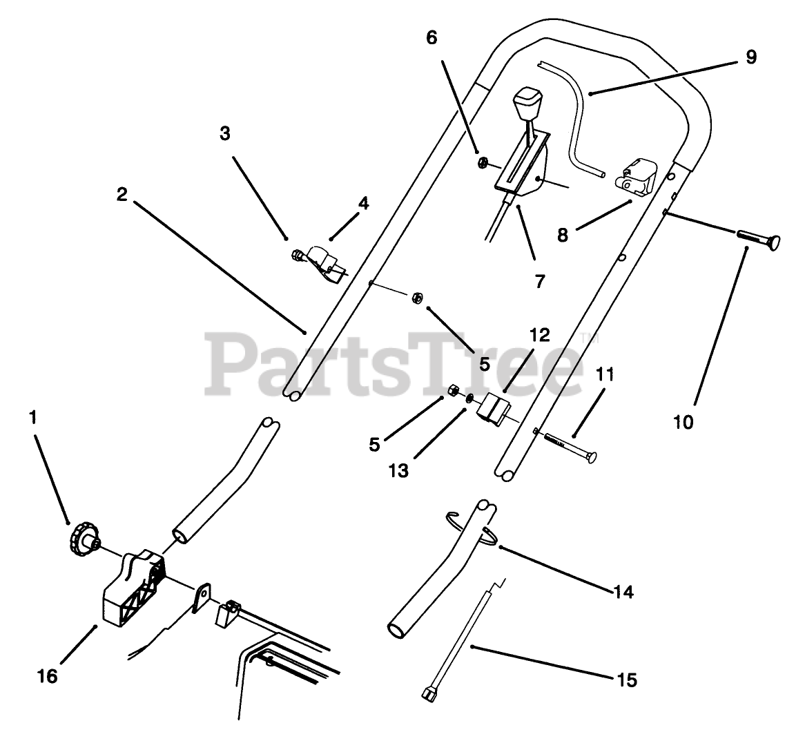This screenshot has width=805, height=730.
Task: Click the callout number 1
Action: pyautogui.click(x=32, y=418)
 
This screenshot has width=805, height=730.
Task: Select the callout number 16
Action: pyautogui.click(x=48, y=676)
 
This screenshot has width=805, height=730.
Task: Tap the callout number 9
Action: pyautogui.click(x=750, y=57)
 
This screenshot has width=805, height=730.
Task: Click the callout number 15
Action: pyautogui.click(x=627, y=680)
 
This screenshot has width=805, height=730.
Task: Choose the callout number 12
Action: pyautogui.click(x=539, y=336)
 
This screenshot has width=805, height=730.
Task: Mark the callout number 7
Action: pyautogui.click(x=539, y=281)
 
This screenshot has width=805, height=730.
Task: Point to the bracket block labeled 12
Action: pyautogui.click(x=494, y=409)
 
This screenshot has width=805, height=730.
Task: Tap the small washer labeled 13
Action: pyautogui.click(x=469, y=398)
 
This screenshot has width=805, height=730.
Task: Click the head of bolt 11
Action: pyautogui.click(x=590, y=457)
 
